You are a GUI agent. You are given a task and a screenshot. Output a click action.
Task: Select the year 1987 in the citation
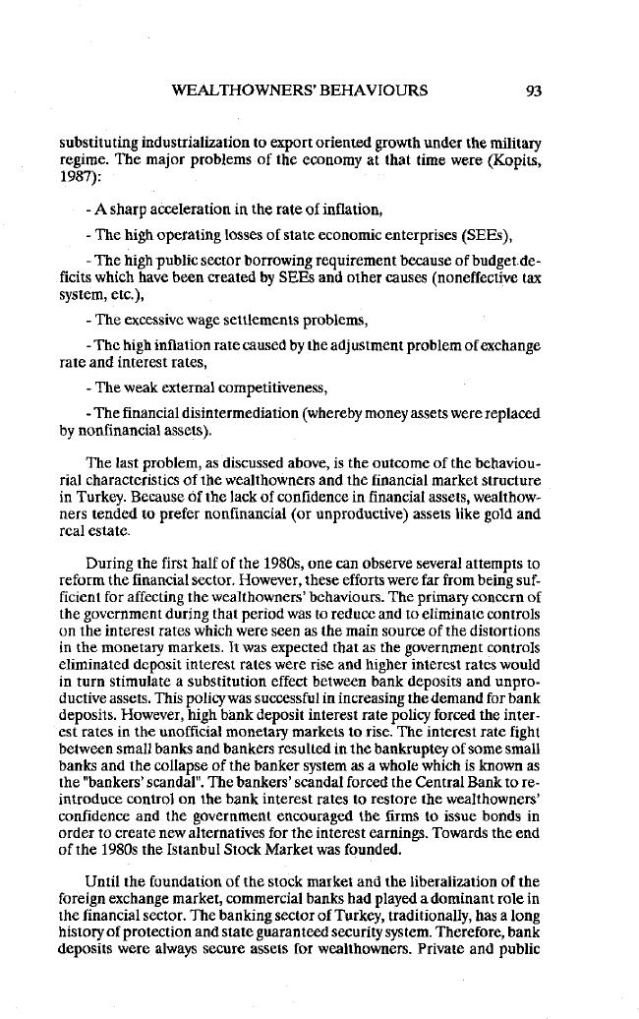point(76,177)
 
